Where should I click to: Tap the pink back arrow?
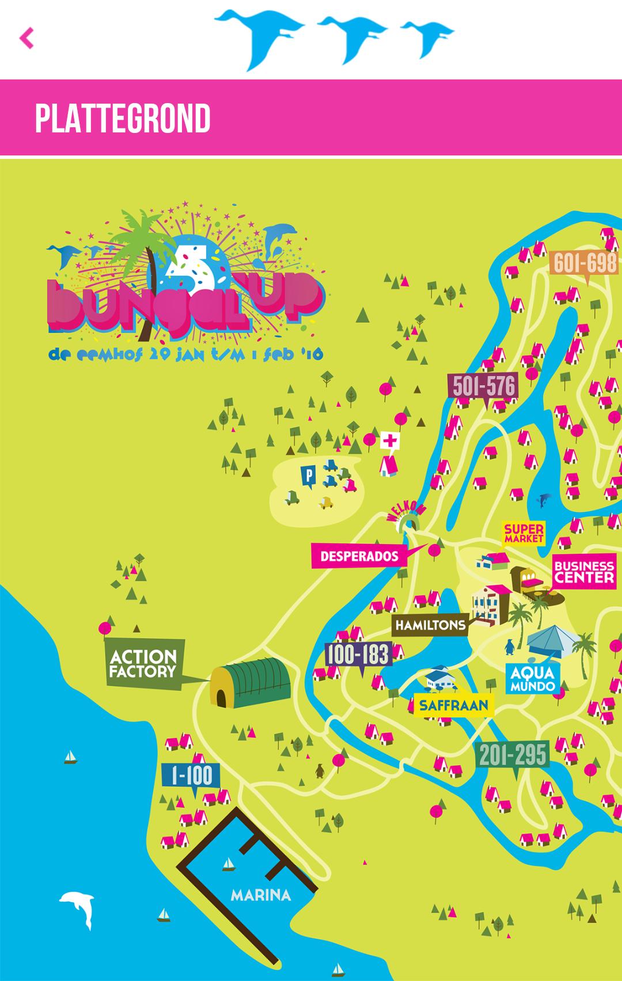click(x=26, y=39)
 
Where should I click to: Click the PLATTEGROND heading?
click(x=123, y=119)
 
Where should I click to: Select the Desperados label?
click(x=359, y=556)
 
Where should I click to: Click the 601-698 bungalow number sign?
click(x=585, y=264)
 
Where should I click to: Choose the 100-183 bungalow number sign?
click(x=358, y=655)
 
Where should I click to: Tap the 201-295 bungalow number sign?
click(x=513, y=755)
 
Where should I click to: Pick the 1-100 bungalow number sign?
click(x=192, y=776)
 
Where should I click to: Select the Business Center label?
click(x=583, y=572)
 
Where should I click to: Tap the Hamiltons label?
click(x=430, y=625)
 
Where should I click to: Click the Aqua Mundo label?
click(x=532, y=679)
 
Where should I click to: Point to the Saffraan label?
click(x=454, y=705)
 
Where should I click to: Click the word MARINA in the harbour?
click(x=261, y=895)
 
